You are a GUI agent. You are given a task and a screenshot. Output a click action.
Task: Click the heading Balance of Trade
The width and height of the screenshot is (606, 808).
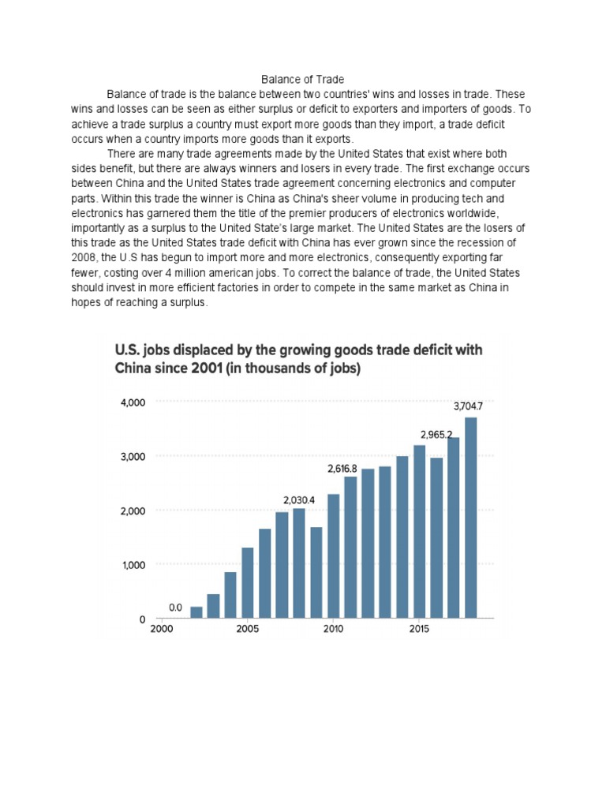(x=303, y=80)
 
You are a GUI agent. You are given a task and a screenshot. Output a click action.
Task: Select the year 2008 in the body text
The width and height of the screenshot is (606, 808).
(x=84, y=256)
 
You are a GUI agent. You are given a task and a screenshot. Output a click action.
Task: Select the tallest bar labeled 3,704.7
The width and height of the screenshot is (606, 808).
(x=471, y=517)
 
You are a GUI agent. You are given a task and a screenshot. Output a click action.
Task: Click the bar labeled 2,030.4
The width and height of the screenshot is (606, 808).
(x=299, y=563)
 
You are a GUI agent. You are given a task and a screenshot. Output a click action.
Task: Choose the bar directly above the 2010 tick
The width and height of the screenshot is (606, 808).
(x=334, y=555)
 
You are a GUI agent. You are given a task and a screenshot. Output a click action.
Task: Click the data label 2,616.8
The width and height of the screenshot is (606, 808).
(x=342, y=469)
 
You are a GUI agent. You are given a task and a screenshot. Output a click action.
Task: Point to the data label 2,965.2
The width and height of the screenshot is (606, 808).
(x=436, y=435)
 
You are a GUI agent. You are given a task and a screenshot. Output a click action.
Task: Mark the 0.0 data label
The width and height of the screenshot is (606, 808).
(x=175, y=608)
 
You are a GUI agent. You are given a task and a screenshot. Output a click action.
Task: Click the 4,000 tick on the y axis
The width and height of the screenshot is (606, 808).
(x=132, y=402)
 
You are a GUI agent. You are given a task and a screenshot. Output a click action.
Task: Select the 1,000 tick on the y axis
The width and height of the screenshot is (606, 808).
(x=132, y=565)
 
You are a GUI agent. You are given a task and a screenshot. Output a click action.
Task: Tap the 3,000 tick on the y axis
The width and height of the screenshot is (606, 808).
(x=132, y=457)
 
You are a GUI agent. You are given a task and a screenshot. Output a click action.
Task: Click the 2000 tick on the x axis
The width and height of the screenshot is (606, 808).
(x=161, y=630)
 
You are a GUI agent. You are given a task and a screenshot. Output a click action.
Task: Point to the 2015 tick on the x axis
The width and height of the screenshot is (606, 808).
(x=419, y=630)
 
